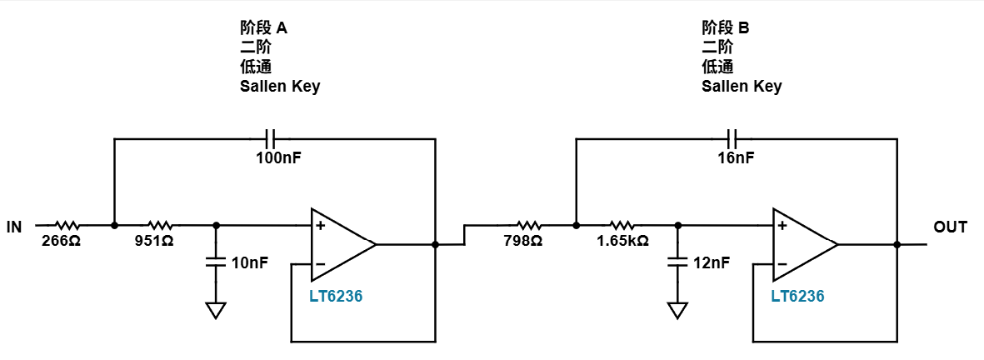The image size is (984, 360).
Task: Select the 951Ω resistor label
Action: click(x=154, y=240)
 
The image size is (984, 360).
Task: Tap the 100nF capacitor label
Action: click(x=278, y=157)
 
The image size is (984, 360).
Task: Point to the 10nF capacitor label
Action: click(x=250, y=262)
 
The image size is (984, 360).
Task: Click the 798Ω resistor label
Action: click(x=522, y=240)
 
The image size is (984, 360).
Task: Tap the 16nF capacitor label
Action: click(x=736, y=157)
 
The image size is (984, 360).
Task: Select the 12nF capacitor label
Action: click(x=712, y=262)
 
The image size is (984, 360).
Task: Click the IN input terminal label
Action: click(x=14, y=227)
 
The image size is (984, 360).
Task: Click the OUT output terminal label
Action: click(x=950, y=227)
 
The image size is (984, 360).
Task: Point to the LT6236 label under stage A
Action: click(x=336, y=296)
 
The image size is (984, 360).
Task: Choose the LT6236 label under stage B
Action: click(x=797, y=296)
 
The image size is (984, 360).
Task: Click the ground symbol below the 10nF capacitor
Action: click(x=215, y=311)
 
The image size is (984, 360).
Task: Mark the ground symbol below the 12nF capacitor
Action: click(x=677, y=311)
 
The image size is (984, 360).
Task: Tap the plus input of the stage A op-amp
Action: click(x=320, y=225)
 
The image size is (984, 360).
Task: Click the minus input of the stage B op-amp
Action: click(x=782, y=264)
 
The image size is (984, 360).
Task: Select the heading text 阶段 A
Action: click(x=263, y=27)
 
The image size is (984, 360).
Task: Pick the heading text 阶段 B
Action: click(x=726, y=27)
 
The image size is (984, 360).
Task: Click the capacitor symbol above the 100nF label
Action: click(x=270, y=138)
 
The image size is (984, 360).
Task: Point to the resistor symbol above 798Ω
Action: click(x=528, y=224)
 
